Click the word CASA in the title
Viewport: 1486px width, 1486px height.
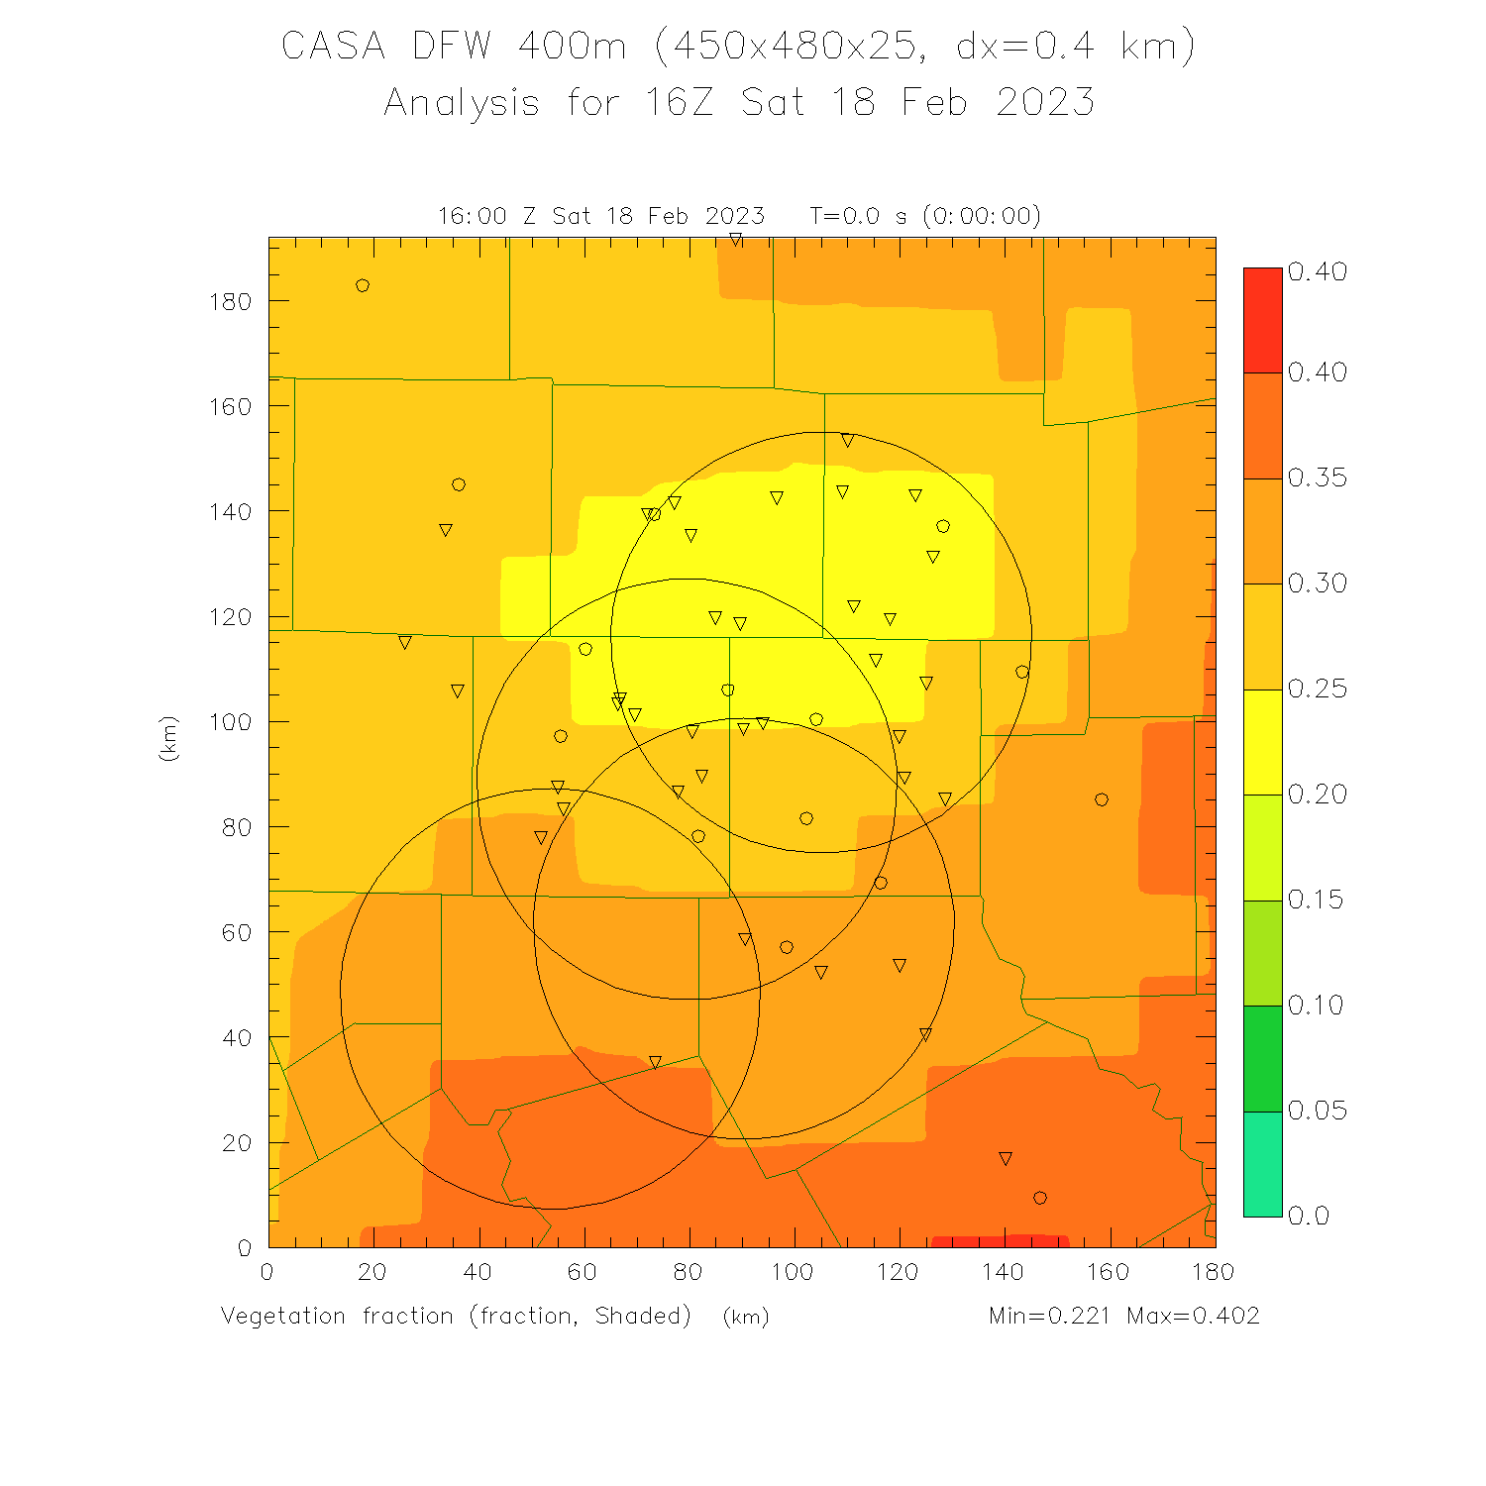click(x=333, y=46)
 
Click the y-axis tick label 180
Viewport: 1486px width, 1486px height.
click(x=230, y=301)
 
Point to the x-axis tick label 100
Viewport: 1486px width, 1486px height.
click(x=793, y=1272)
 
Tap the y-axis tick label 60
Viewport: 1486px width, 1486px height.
click(x=237, y=932)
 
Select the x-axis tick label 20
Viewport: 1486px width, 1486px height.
click(x=372, y=1272)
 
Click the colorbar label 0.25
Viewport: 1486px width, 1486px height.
click(x=1318, y=689)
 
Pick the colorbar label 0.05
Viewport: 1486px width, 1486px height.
click(x=1318, y=1111)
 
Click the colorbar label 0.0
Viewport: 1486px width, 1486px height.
click(x=1309, y=1216)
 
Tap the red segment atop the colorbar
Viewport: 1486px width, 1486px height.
click(x=1262, y=320)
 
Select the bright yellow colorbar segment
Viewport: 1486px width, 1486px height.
click(x=1262, y=742)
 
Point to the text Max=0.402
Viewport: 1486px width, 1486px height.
click(x=1193, y=1316)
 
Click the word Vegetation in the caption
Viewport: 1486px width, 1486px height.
click(x=283, y=1316)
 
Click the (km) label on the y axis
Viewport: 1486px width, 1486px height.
click(x=168, y=738)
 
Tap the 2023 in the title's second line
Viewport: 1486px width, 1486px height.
click(x=1045, y=102)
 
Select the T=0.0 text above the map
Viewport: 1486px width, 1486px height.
click(x=844, y=216)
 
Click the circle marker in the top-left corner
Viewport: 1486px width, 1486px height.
click(x=363, y=286)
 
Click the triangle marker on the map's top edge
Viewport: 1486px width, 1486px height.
click(x=736, y=240)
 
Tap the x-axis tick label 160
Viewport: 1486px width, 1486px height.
click(x=1108, y=1272)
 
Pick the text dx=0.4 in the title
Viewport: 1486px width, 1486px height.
click(x=1023, y=46)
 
